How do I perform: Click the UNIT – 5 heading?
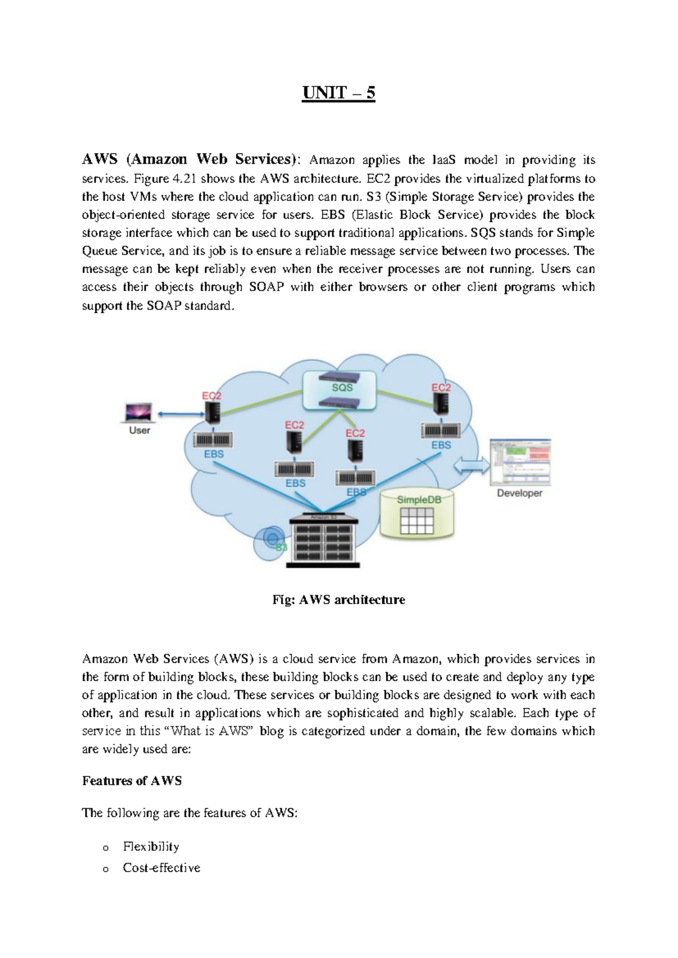point(338,93)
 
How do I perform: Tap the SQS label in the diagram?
point(342,387)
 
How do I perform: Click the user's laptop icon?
point(138,412)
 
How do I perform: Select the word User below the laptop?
point(140,430)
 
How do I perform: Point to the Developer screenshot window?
point(520,461)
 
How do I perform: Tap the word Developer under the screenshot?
point(519,493)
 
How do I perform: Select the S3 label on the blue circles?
point(281,547)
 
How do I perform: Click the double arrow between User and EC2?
point(180,415)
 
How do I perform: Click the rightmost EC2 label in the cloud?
point(441,387)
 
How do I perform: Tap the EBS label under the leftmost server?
point(214,454)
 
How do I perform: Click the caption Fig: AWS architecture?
point(338,600)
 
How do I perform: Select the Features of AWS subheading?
point(132,781)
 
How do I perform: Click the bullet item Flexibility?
point(151,846)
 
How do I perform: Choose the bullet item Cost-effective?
point(162,868)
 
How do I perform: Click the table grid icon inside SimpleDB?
point(416,520)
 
